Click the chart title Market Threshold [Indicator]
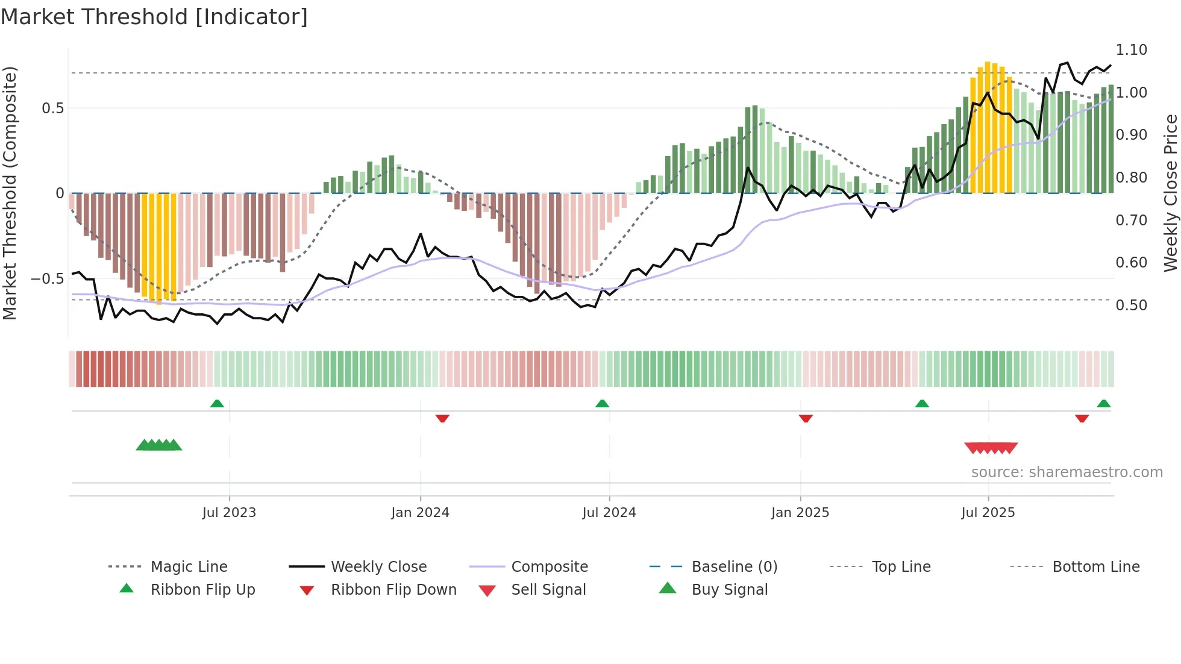154,17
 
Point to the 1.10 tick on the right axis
1131,50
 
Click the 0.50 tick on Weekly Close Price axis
1131,305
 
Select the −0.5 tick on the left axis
47,279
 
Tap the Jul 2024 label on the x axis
609,513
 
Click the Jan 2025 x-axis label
800,513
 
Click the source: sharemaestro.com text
1067,472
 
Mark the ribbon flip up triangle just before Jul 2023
217,404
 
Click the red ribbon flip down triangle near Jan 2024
442,418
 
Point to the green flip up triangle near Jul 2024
602,404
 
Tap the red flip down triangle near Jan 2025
806,418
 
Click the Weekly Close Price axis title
1170,193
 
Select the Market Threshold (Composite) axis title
10,193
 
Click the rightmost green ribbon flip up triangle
1103,404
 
